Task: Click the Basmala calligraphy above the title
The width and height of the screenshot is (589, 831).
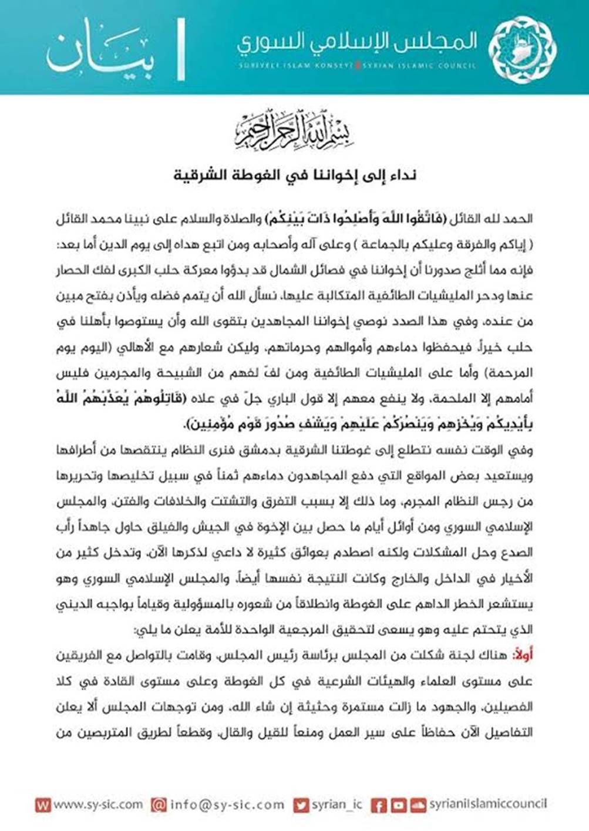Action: coord(294,129)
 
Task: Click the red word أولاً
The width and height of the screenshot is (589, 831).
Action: coord(522,655)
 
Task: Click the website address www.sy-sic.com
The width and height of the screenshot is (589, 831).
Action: coord(97,804)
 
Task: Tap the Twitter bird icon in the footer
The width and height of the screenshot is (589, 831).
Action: coord(301,805)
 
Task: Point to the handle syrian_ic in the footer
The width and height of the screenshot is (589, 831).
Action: coord(337,805)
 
